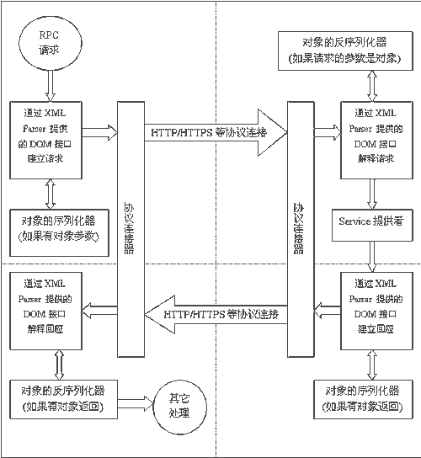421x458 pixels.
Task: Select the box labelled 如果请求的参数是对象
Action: coord(348,51)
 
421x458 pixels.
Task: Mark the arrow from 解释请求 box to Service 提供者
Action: coord(370,195)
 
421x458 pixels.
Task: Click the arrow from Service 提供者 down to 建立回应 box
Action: coord(370,252)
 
